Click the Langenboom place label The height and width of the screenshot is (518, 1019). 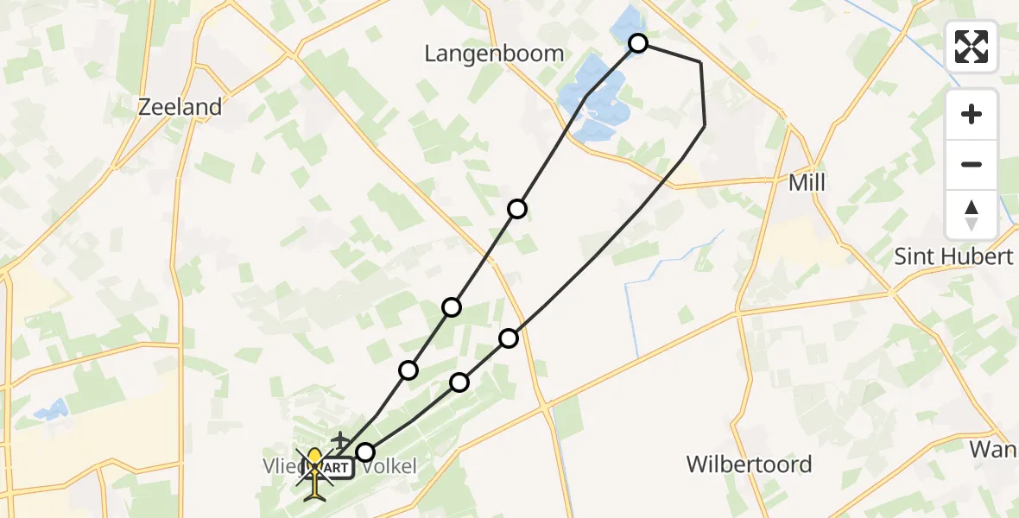click(x=494, y=54)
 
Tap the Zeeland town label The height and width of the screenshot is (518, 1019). click(x=180, y=107)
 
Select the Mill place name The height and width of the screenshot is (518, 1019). click(x=807, y=183)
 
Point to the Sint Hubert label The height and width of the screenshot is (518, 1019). click(x=953, y=256)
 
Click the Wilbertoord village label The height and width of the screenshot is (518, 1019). click(x=749, y=464)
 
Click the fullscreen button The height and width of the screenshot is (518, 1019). click(x=972, y=46)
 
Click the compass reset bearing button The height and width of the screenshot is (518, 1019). click(x=972, y=214)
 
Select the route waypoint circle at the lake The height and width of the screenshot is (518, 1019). click(x=637, y=43)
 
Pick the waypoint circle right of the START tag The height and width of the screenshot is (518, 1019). click(x=366, y=452)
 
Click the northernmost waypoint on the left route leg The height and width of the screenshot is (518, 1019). click(x=517, y=208)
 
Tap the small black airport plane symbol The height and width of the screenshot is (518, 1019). click(x=339, y=440)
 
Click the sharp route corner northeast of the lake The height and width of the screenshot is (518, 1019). click(x=700, y=63)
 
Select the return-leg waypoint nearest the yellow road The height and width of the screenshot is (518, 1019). click(x=509, y=338)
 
